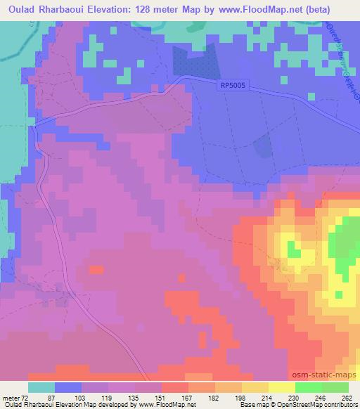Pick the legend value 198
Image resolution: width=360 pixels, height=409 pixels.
point(240,398)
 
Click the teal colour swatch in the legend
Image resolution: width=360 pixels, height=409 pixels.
point(41,387)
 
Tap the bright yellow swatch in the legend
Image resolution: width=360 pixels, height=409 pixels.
point(282,387)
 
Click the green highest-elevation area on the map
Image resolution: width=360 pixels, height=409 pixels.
point(345,242)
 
